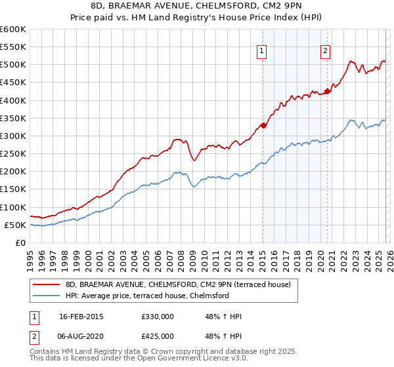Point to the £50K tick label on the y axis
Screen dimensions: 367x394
pos(14,225)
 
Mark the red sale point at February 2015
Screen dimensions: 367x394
pos(263,125)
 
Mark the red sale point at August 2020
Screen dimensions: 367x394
pos(328,91)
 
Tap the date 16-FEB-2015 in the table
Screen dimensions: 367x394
pos(81,316)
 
